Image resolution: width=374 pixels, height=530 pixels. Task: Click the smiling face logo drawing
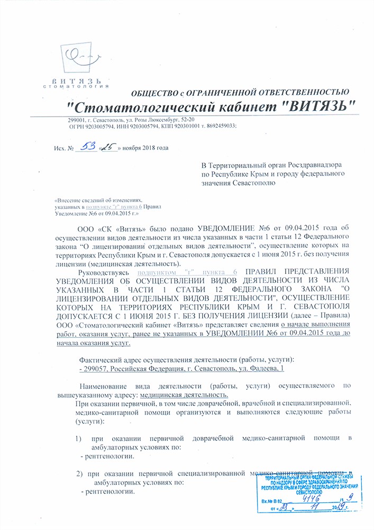click(80, 56)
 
